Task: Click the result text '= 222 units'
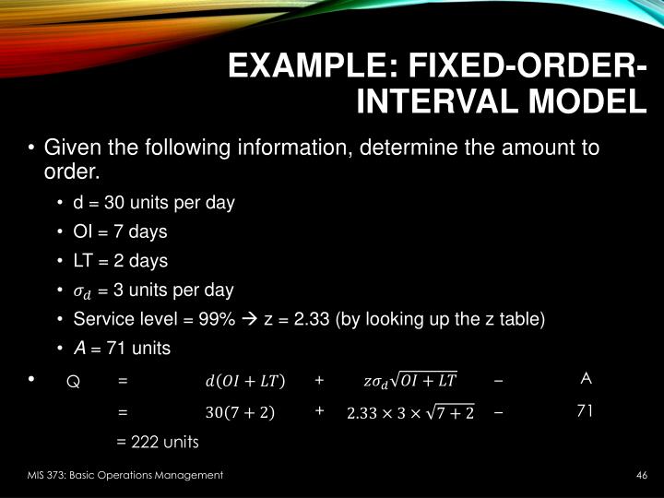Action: (158, 442)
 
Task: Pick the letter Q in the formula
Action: (73, 381)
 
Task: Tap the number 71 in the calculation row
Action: (585, 411)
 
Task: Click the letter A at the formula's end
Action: (586, 378)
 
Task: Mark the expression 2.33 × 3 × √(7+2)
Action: (409, 413)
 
